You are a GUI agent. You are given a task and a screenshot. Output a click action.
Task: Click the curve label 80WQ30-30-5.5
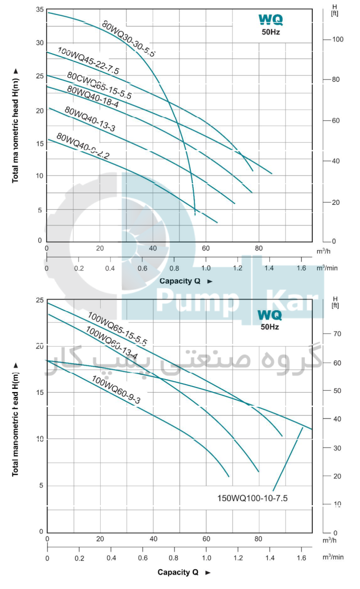point(128,39)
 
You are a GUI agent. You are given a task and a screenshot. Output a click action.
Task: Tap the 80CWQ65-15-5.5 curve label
point(99,86)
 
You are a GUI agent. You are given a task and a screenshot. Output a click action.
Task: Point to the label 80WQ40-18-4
point(92,97)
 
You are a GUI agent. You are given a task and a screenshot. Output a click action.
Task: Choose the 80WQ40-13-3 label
point(90,119)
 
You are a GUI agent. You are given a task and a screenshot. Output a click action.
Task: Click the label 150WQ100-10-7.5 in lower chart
point(252,498)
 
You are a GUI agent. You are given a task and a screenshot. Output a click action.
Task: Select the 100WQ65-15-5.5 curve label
point(117,329)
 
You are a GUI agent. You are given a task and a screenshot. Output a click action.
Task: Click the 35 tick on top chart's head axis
point(39,10)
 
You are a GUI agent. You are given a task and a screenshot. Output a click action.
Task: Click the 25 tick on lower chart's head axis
point(39,301)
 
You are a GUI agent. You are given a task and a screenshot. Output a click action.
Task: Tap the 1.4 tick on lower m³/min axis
point(269,558)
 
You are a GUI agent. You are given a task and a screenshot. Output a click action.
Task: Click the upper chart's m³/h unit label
point(326,251)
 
